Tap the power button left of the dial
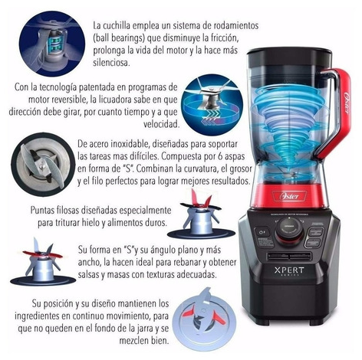(262, 232)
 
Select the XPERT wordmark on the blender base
(289, 270)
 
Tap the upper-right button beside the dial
(316, 232)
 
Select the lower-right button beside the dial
(312, 243)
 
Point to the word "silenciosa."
(111, 63)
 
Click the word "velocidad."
(161, 124)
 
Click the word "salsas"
(89, 275)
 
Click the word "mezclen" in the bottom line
(133, 341)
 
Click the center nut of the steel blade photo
(42, 166)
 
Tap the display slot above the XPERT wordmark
(289, 256)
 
